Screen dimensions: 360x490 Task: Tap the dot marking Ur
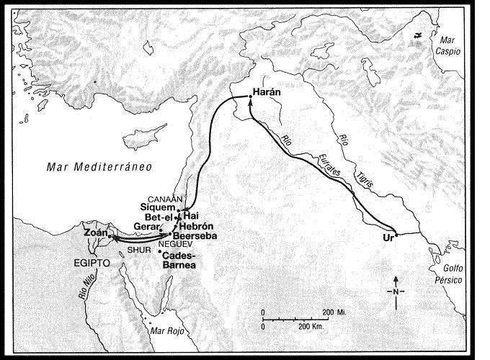pos(396,235)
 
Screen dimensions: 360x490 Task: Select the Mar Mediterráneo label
pos(87,168)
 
